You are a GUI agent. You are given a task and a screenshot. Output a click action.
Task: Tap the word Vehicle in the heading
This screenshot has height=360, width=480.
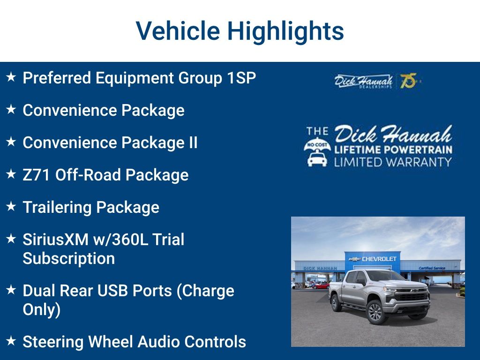(178, 30)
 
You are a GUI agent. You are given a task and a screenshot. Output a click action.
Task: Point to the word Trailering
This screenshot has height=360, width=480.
(57, 208)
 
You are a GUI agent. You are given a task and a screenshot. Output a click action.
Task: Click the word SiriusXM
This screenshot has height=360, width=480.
(56, 240)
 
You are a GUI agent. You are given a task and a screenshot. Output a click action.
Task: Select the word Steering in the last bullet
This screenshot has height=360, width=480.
(53, 342)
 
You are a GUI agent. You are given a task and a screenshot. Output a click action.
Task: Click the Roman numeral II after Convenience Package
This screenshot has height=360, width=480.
(193, 142)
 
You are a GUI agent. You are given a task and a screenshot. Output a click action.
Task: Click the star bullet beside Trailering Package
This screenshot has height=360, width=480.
(11, 206)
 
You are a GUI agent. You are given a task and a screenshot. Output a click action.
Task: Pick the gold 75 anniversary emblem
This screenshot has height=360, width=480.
(409, 81)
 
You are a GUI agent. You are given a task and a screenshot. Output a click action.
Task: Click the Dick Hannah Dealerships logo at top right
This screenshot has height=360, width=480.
(363, 81)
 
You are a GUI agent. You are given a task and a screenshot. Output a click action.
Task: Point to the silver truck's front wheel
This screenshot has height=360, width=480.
(375, 313)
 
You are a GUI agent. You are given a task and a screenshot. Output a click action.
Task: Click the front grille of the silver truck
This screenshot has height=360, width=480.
(412, 296)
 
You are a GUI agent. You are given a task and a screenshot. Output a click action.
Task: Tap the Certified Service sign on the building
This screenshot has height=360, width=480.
(432, 268)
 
